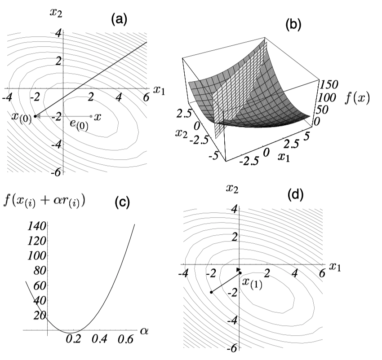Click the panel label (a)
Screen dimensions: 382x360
pyautogui.click(x=119, y=19)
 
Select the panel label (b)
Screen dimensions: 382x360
pyautogui.click(x=293, y=24)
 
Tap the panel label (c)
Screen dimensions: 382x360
pyautogui.click(x=122, y=202)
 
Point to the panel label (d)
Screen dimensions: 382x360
pyautogui.click(x=295, y=195)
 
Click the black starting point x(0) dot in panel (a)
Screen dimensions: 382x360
pyautogui.click(x=35, y=116)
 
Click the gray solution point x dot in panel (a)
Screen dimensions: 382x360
pyautogui.click(x=91, y=116)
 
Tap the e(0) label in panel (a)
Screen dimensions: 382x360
pyautogui.click(x=79, y=125)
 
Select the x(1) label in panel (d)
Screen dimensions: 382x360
pyautogui.click(x=252, y=284)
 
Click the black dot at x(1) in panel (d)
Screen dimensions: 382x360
pyautogui.click(x=240, y=273)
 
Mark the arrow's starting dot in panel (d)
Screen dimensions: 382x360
pyautogui.click(x=211, y=292)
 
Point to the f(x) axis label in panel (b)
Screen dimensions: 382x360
pyautogui.click(x=357, y=98)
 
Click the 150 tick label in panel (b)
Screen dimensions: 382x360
pyautogui.click(x=329, y=84)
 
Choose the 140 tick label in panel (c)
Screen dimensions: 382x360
pyautogui.click(x=36, y=226)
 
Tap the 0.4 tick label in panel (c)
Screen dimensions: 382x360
pyautogui.click(x=99, y=339)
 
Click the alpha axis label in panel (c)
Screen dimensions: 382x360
pyautogui.click(x=144, y=331)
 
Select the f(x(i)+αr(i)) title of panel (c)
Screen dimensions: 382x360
pyautogui.click(x=44, y=202)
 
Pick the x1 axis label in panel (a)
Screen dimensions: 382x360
pyautogui.click(x=159, y=90)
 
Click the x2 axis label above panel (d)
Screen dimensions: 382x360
pyautogui.click(x=232, y=189)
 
